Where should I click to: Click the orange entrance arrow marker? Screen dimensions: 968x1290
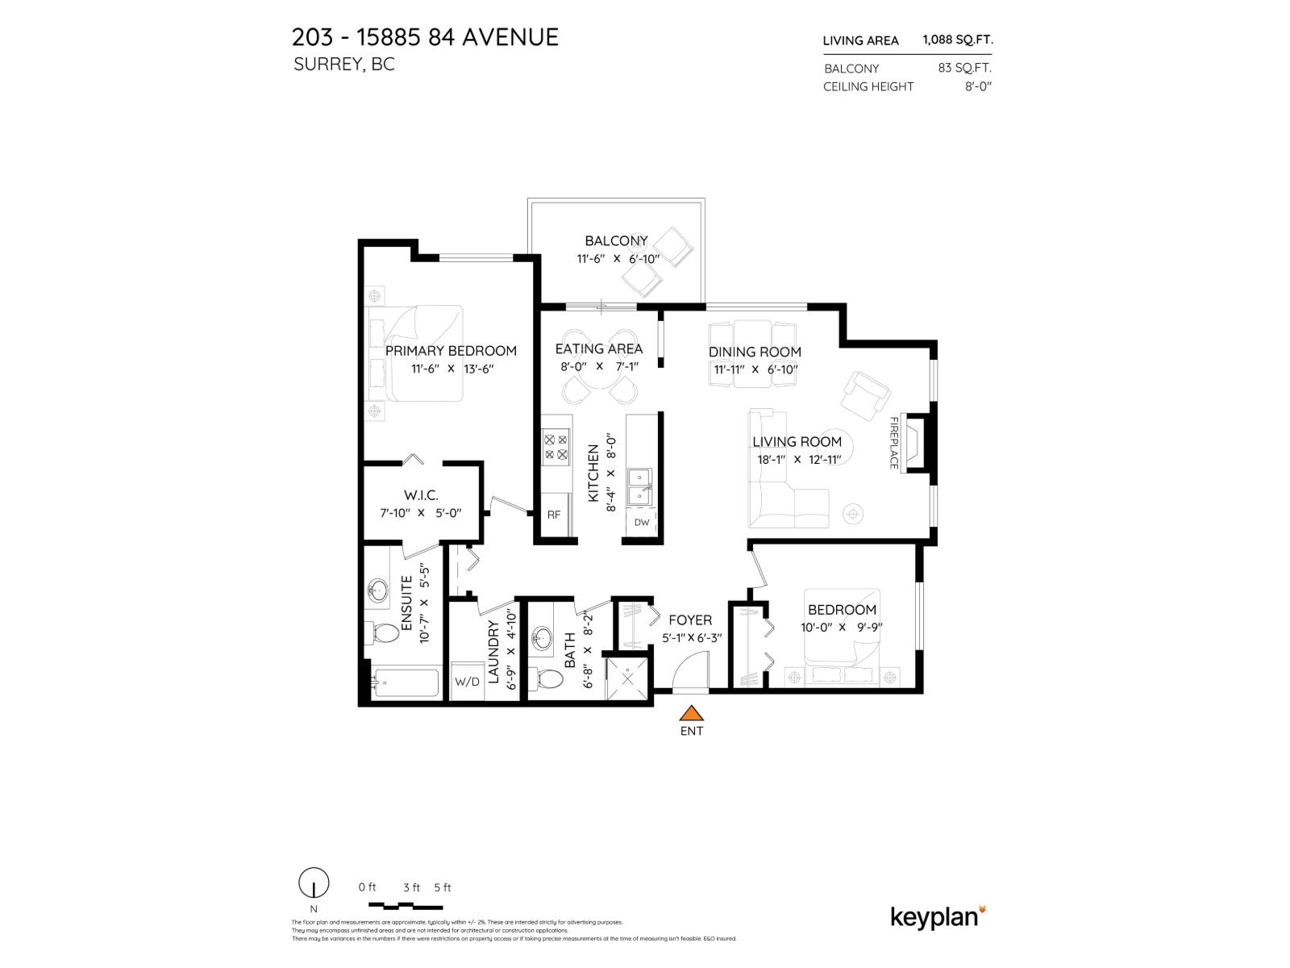[x=690, y=713]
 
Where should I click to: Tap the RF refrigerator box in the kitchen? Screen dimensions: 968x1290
[x=554, y=515]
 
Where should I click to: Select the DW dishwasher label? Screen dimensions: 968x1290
[x=642, y=522]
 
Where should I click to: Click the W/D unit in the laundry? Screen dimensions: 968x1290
[x=467, y=682]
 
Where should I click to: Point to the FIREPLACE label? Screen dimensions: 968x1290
[x=893, y=443]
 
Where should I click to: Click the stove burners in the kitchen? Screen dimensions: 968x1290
[x=556, y=447]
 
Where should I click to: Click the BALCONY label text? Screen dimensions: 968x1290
[x=616, y=240]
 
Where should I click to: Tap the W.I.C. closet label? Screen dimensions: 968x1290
[x=421, y=495]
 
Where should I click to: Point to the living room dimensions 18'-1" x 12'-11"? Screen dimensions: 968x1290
[x=798, y=460]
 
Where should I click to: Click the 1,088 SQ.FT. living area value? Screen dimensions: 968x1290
[x=957, y=40]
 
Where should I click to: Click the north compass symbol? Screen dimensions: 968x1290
[x=314, y=883]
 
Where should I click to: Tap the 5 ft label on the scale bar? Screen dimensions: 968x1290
[x=442, y=887]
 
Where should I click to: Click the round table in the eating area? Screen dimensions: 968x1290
[x=599, y=368]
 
